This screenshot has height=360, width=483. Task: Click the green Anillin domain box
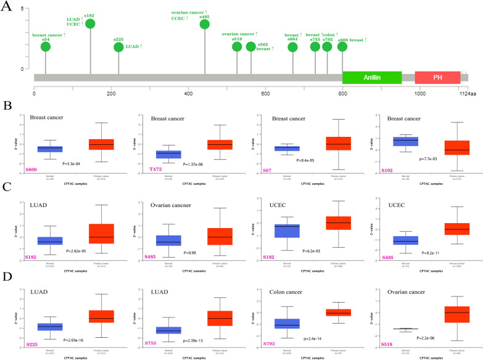[372, 78]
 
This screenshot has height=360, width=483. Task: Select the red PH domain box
[437, 78]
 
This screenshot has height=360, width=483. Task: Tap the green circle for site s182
[91, 23]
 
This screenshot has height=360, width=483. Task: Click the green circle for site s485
[205, 24]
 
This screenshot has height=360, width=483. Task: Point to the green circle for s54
[45, 47]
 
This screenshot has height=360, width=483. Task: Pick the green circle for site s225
[118, 47]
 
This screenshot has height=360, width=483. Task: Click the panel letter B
[7, 104]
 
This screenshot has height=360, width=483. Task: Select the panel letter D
[7, 281]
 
